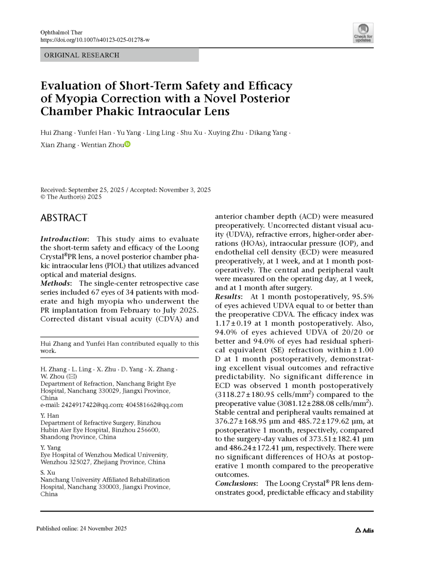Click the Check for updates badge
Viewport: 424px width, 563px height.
pos(363,33)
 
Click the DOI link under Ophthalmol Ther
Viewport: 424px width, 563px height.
pos(95,40)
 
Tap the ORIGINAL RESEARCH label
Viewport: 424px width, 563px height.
pos(82,55)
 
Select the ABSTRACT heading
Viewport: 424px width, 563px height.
pos(64,218)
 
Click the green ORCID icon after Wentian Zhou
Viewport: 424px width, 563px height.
pos(128,144)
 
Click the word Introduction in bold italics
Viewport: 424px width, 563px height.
pos(64,239)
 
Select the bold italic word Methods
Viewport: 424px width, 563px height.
pos(55,283)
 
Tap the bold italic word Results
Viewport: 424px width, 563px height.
pos(228,296)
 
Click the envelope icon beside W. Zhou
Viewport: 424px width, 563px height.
pos(72,377)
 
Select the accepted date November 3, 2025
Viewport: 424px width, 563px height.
pos(184,190)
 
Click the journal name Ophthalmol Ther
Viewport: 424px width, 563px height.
pos(61,33)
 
